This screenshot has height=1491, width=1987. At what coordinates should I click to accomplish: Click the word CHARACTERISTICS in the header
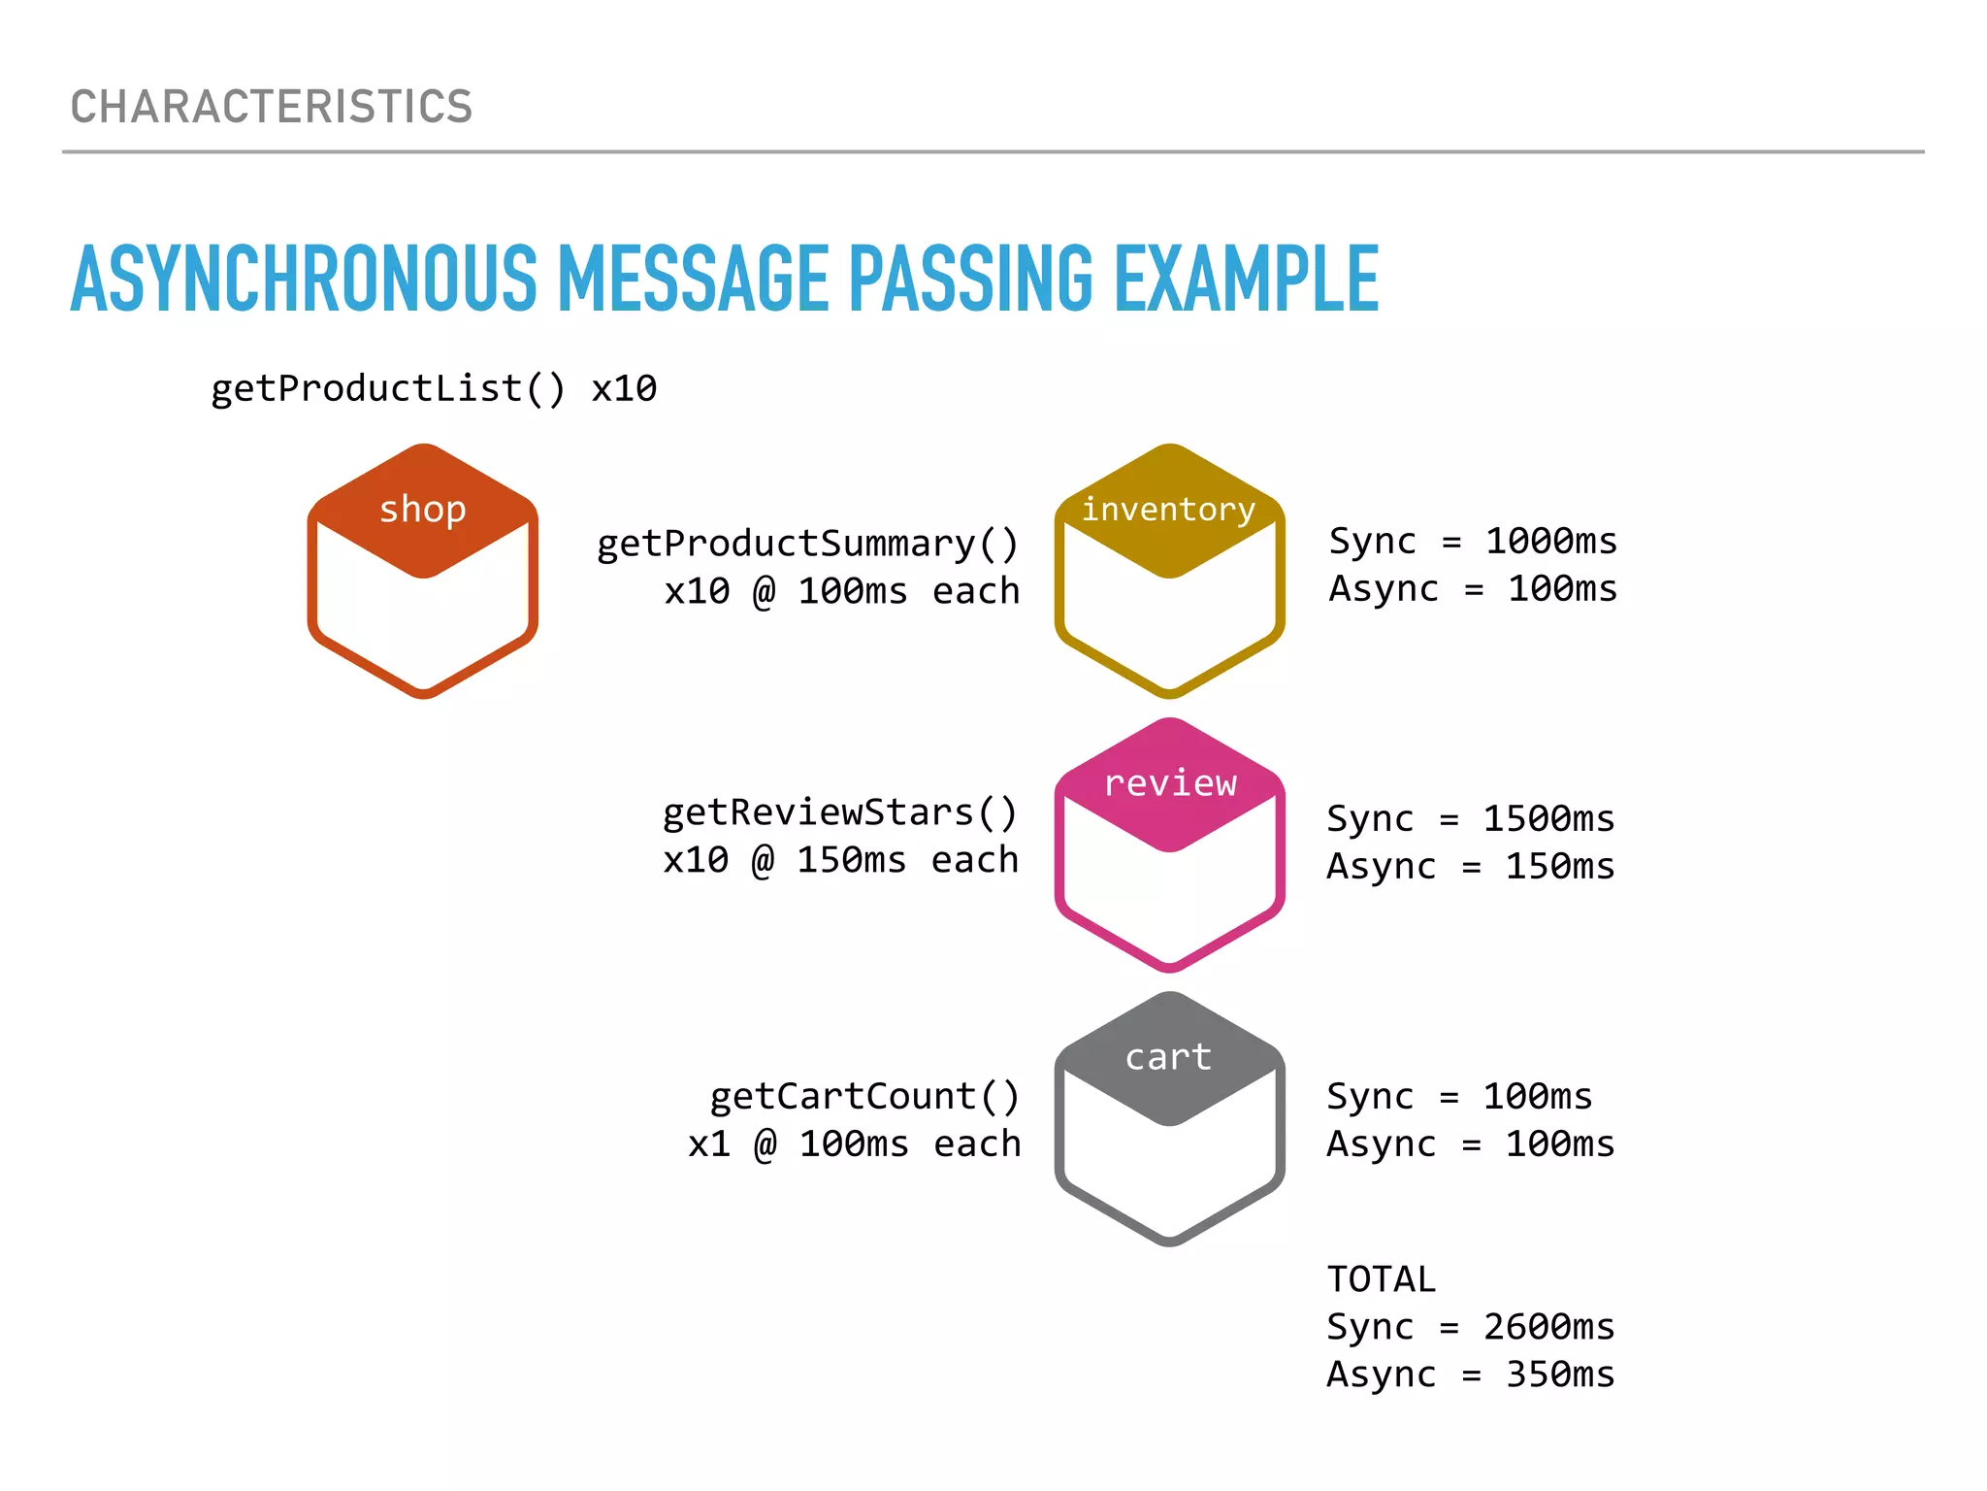point(271,107)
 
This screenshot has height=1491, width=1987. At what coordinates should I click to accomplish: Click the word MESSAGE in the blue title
point(693,280)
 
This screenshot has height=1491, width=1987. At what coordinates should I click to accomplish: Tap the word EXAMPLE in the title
point(1246,280)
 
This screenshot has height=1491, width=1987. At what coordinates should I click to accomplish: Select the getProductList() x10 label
point(434,389)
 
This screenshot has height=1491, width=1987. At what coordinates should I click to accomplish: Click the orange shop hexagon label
point(423,509)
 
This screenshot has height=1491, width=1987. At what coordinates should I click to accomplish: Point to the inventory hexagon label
point(1169,509)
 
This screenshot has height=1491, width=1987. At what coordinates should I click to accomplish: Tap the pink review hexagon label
point(1170,782)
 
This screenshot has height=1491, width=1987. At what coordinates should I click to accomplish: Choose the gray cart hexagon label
point(1169,1056)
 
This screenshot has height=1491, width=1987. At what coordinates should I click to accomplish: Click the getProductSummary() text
point(807,544)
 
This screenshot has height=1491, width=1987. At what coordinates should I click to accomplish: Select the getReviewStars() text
point(839,812)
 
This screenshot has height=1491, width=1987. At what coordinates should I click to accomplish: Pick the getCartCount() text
point(864,1096)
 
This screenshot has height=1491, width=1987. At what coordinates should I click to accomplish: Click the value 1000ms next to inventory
point(1551,541)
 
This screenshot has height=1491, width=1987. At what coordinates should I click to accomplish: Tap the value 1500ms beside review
point(1548,818)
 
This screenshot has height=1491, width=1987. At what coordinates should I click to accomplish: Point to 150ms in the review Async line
point(1559,866)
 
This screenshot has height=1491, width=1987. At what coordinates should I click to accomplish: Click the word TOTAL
point(1381,1279)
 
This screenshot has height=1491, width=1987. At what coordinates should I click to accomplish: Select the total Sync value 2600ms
point(1548,1327)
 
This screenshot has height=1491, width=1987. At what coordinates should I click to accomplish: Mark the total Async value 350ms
point(1559,1375)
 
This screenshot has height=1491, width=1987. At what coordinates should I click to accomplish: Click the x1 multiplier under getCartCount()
point(709,1143)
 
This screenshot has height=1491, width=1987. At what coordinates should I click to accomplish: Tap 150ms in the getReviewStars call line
point(851,860)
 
